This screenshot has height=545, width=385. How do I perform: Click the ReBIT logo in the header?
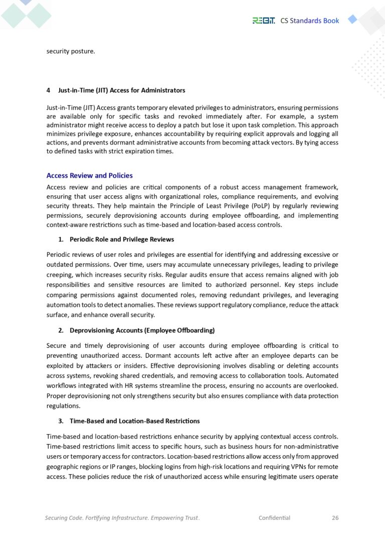click(263, 21)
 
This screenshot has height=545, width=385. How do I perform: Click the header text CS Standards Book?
click(309, 21)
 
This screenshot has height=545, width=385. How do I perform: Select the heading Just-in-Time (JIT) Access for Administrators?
click(122, 90)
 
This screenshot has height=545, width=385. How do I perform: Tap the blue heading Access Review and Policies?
click(89, 176)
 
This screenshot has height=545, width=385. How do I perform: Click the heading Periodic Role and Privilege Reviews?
click(122, 239)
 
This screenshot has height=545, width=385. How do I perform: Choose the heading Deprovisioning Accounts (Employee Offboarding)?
click(142, 330)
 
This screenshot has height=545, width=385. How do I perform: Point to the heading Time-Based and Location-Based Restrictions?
click(134, 421)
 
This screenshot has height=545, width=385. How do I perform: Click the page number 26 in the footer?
click(335, 517)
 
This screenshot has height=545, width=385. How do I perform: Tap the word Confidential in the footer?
click(274, 517)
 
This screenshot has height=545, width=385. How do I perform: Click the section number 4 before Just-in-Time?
click(48, 90)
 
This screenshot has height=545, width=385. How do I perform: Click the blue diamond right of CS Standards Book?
click(352, 20)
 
